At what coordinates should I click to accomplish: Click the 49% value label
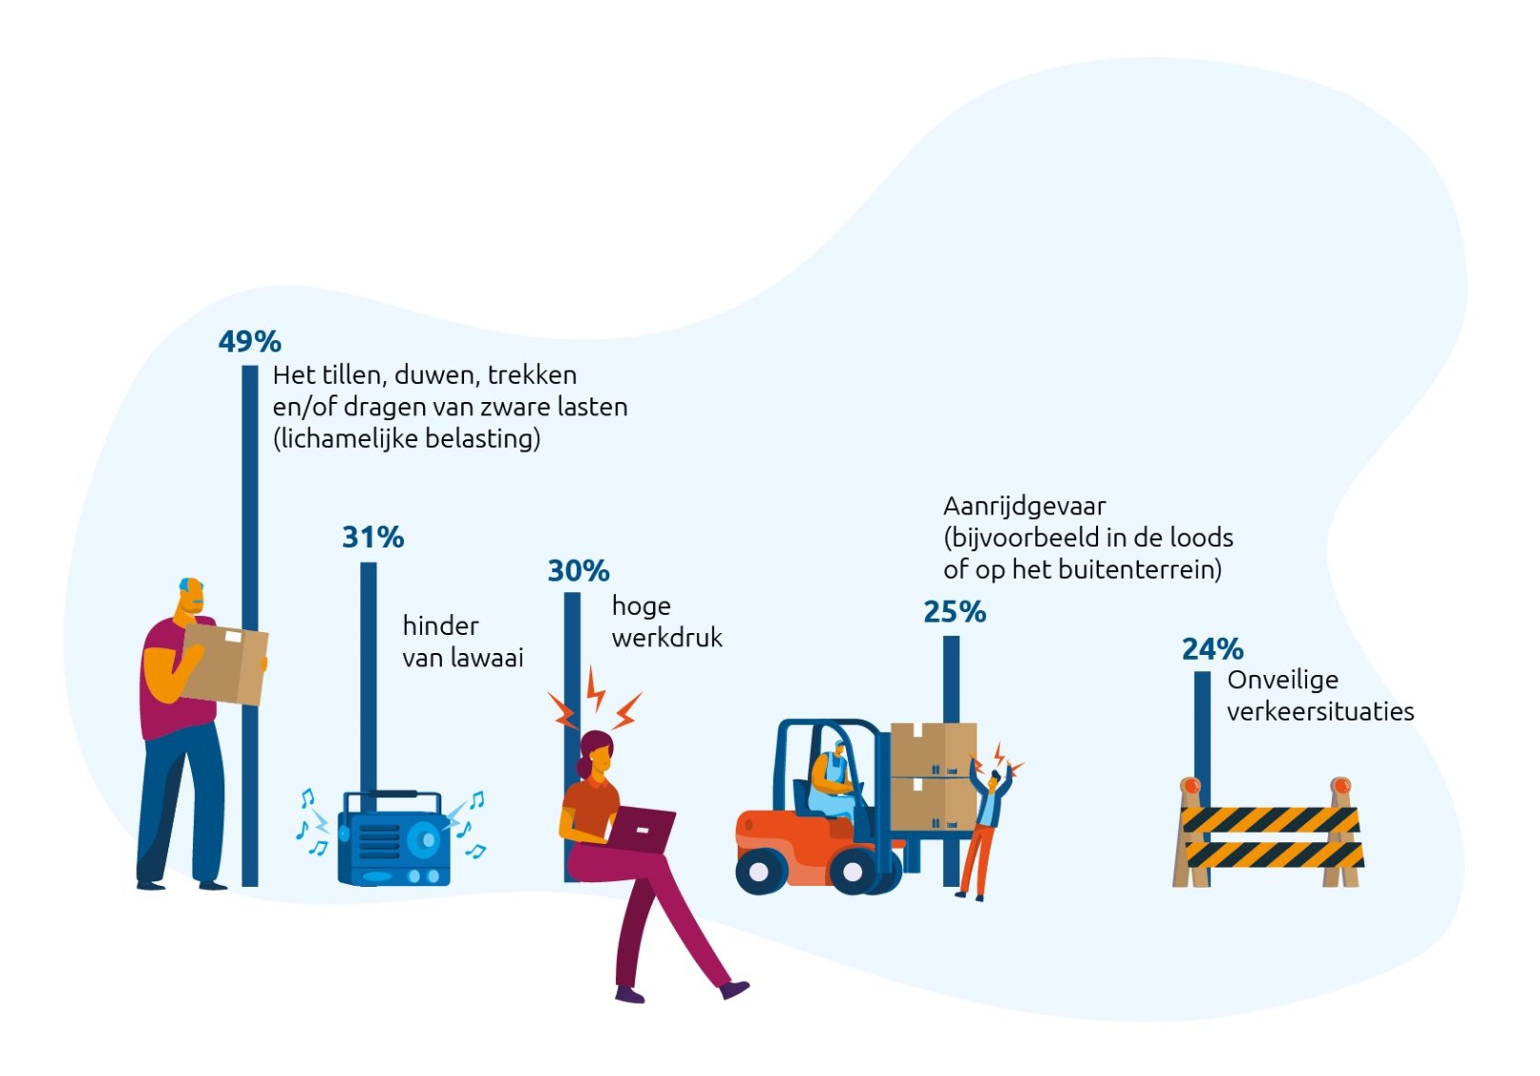[x=250, y=341]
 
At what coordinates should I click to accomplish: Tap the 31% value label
[x=374, y=537]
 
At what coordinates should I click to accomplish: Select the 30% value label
[x=579, y=570]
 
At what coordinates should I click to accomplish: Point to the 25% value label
[x=954, y=611]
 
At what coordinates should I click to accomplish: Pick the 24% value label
[x=1213, y=648]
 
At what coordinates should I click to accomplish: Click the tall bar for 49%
[x=250, y=625]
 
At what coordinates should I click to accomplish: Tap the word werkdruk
[x=667, y=638]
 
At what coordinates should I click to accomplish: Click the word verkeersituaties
[x=1320, y=711]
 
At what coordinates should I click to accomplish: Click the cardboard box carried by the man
[x=224, y=663]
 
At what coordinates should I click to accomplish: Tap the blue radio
[x=394, y=838]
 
